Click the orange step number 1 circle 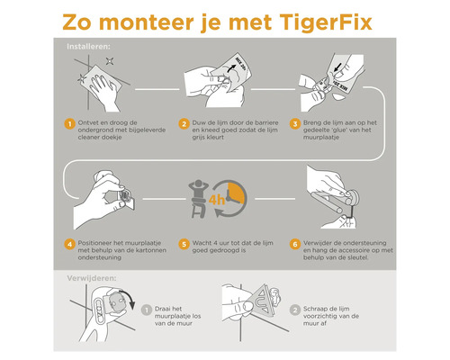click(x=67, y=123)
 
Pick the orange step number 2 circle click(x=184, y=123)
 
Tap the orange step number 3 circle click(x=298, y=123)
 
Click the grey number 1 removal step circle click(x=149, y=308)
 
